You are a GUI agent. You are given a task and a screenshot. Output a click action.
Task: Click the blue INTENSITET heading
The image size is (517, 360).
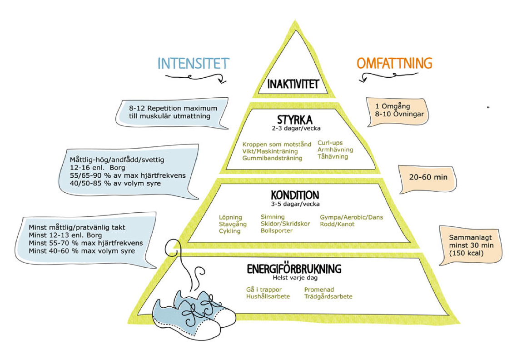point(193,64)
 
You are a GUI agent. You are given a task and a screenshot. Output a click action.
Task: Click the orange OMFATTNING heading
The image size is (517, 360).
point(394,63)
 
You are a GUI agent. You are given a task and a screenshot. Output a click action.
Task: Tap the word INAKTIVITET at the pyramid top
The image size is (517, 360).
point(293,84)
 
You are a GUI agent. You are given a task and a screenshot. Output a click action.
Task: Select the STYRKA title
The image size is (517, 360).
point(294,120)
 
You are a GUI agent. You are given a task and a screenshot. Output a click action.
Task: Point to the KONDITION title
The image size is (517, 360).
point(295,195)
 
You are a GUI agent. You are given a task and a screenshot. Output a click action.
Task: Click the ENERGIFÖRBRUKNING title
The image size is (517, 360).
point(294,269)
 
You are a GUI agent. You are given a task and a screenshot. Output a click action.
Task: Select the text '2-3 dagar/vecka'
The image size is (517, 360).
point(296,128)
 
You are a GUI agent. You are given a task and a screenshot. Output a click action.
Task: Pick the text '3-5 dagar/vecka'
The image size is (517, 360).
point(295,204)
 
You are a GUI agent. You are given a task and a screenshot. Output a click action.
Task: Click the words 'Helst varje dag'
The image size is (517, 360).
point(295,278)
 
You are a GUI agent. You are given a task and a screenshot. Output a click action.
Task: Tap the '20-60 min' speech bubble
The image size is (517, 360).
point(428,179)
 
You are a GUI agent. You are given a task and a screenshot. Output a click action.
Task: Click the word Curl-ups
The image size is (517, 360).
point(330,143)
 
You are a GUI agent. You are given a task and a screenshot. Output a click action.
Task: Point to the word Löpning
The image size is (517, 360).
point(230,217)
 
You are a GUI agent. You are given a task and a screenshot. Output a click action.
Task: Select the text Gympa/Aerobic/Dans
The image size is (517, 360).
point(352,217)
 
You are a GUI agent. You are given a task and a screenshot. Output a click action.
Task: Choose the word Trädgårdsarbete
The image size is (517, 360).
point(328,297)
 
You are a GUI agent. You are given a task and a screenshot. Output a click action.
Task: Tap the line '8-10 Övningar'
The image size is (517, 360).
point(399,114)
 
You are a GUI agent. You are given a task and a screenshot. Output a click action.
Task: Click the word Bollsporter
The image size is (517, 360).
point(277,230)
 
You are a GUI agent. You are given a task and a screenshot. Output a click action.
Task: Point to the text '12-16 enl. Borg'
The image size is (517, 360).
point(97,168)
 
